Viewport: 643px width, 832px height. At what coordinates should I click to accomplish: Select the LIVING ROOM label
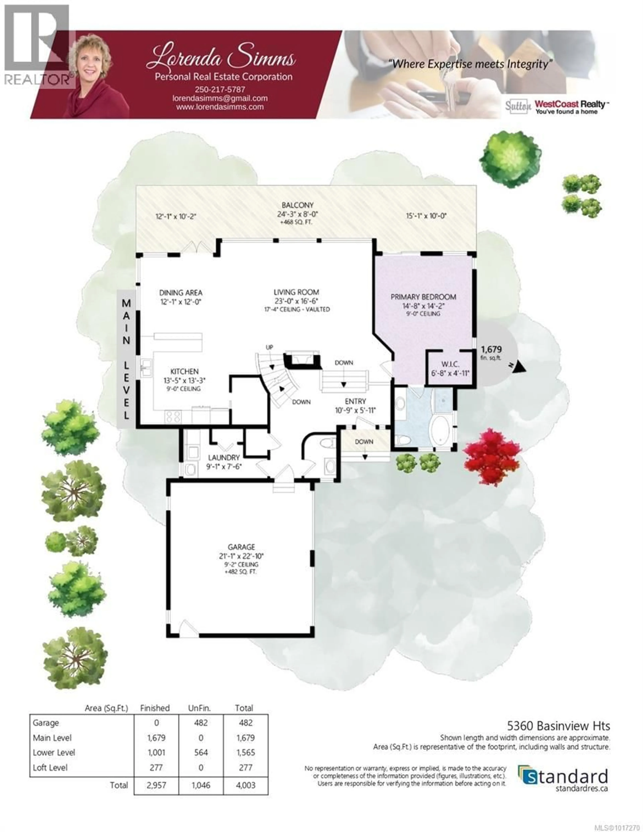[x=296, y=292]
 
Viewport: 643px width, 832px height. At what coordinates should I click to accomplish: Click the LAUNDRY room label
[x=224, y=458]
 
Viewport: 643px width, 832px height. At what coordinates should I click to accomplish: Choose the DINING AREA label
[x=181, y=293]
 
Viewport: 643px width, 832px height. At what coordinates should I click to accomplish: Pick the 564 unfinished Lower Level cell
[x=201, y=752]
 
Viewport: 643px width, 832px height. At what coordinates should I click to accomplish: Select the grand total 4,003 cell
[x=245, y=785]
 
